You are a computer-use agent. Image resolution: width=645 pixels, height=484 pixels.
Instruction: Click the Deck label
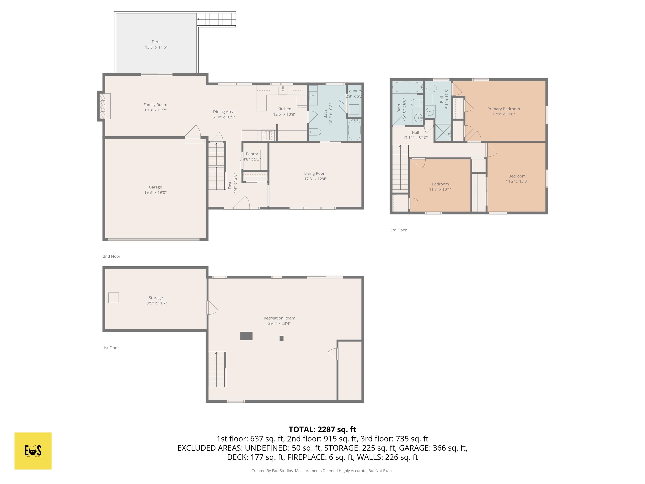156,42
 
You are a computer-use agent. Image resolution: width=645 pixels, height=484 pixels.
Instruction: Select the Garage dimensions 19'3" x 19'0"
155,193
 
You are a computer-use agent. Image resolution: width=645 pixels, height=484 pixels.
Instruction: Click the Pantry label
252,154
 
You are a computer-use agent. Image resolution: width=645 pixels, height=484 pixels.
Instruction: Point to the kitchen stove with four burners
268,135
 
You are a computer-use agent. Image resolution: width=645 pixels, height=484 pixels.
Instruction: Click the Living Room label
315,173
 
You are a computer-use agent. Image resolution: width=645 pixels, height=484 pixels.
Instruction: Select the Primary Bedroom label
503,109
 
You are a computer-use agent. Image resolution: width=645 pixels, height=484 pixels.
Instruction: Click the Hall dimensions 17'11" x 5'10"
415,138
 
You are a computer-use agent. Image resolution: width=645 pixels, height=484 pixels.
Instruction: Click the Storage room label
156,298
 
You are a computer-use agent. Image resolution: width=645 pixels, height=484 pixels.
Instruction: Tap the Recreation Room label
279,318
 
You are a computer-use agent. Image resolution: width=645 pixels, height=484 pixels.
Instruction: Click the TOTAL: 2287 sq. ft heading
322,429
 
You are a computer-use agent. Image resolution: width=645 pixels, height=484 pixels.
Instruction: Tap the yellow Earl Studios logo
33,451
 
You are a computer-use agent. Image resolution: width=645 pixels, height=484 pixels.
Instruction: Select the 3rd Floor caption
398,230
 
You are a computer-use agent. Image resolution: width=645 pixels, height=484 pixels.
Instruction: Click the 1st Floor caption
111,348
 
